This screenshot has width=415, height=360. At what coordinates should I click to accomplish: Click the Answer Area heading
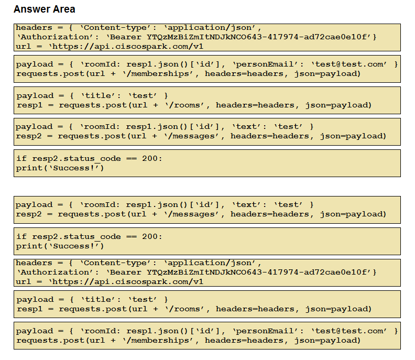click(x=45, y=9)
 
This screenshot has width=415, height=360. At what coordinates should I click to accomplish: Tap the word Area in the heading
click(x=64, y=9)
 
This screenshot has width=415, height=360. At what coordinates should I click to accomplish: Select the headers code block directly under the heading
click(x=207, y=37)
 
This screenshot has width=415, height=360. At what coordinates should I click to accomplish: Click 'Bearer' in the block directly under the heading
click(x=125, y=37)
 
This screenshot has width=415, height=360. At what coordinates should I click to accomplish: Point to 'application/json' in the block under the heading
click(x=210, y=28)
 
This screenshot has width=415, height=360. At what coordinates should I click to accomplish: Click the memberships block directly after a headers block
click(x=207, y=69)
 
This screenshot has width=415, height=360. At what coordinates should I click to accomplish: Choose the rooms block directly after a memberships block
click(x=207, y=100)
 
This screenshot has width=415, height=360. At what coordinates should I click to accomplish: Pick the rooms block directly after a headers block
click(x=207, y=304)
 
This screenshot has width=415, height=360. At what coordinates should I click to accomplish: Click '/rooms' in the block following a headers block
click(x=184, y=309)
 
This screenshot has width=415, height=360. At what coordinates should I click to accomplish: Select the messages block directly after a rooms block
click(x=207, y=132)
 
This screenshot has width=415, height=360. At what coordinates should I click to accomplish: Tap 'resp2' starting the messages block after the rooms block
click(x=29, y=136)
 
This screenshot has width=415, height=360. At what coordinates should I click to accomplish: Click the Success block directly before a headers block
click(x=207, y=242)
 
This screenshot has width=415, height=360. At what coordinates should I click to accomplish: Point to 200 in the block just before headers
click(x=150, y=237)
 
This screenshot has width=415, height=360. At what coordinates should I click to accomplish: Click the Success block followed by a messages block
click(x=207, y=163)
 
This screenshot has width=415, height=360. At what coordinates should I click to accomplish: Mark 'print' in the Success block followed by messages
click(x=29, y=168)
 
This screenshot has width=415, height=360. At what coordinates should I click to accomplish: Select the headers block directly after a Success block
click(x=207, y=273)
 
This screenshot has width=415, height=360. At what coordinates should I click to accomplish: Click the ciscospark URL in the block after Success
click(x=126, y=281)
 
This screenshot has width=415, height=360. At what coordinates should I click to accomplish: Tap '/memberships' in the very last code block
click(x=158, y=341)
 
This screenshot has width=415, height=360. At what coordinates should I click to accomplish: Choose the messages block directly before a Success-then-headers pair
click(x=207, y=210)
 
